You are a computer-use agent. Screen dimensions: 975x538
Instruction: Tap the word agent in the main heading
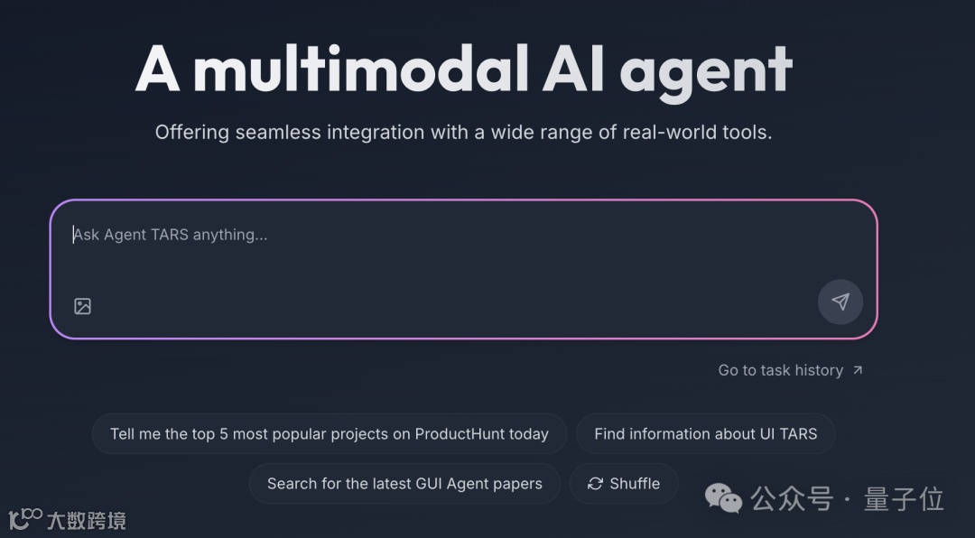[x=706, y=70]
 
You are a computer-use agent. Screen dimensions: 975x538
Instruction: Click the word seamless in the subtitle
[x=277, y=132]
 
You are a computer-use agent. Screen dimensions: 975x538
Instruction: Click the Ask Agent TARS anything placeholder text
[x=171, y=235]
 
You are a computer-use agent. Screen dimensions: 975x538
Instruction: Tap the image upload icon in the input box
[x=83, y=306]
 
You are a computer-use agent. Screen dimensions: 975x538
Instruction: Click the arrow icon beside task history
[x=858, y=370]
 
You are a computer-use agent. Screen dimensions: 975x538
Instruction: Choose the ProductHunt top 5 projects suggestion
[x=329, y=434]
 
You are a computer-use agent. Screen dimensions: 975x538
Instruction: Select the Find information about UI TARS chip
[x=705, y=434]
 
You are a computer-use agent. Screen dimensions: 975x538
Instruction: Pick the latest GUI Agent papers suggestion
[x=404, y=484]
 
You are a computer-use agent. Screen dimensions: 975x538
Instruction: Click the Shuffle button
[x=623, y=484]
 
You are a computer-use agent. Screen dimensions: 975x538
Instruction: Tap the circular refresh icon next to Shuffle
[x=595, y=484]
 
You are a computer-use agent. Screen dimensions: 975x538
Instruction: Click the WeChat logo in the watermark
[x=723, y=497]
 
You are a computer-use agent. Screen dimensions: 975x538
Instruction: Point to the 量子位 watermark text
[x=904, y=498]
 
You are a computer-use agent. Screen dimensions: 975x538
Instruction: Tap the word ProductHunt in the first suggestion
[x=459, y=434]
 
